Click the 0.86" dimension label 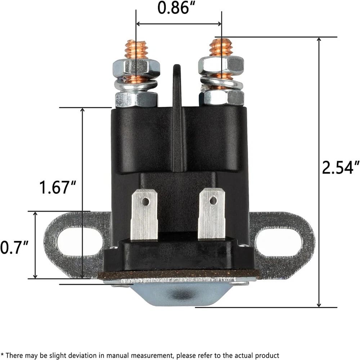coord(174,8)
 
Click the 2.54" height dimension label coord(341,168)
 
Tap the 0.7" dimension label coord(14,247)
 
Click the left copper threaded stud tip coord(136,48)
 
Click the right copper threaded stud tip coord(221,46)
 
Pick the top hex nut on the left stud coord(136,67)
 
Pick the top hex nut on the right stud coord(221,66)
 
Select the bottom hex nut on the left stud coord(136,99)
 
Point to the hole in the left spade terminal coord(145,202)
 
